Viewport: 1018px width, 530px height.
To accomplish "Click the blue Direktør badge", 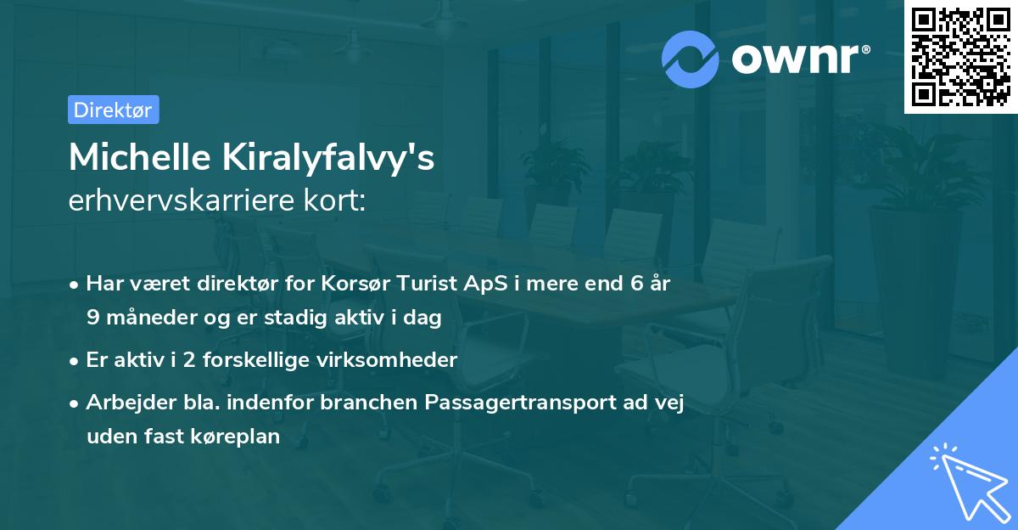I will [x=113, y=110].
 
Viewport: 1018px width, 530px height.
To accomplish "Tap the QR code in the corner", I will [x=961, y=56].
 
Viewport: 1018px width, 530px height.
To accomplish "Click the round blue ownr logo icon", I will [x=691, y=58].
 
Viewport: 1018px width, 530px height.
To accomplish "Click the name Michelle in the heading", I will [x=136, y=158].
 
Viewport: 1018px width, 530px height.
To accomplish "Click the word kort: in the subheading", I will [x=337, y=201].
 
